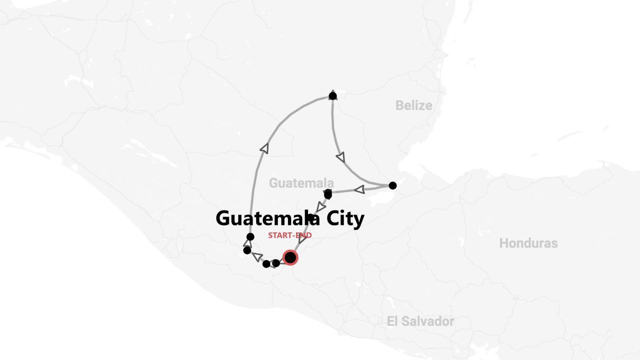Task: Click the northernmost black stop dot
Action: click(332, 95)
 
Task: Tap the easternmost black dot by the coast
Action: click(392, 185)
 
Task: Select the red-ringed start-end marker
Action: click(290, 257)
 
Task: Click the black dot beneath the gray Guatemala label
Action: click(327, 193)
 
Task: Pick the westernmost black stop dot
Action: click(247, 250)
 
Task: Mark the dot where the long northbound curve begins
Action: click(250, 236)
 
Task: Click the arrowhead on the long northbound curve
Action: click(264, 148)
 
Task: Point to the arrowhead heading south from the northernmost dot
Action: click(340, 157)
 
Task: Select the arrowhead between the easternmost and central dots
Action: click(359, 189)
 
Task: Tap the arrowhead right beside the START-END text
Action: click(302, 239)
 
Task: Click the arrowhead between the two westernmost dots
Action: click(247, 243)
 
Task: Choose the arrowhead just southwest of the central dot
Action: click(321, 206)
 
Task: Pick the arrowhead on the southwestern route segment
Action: click(257, 256)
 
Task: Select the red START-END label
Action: click(289, 235)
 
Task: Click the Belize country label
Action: click(413, 105)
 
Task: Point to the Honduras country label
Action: click(528, 243)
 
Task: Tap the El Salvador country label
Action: click(420, 321)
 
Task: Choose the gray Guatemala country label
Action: click(301, 183)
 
